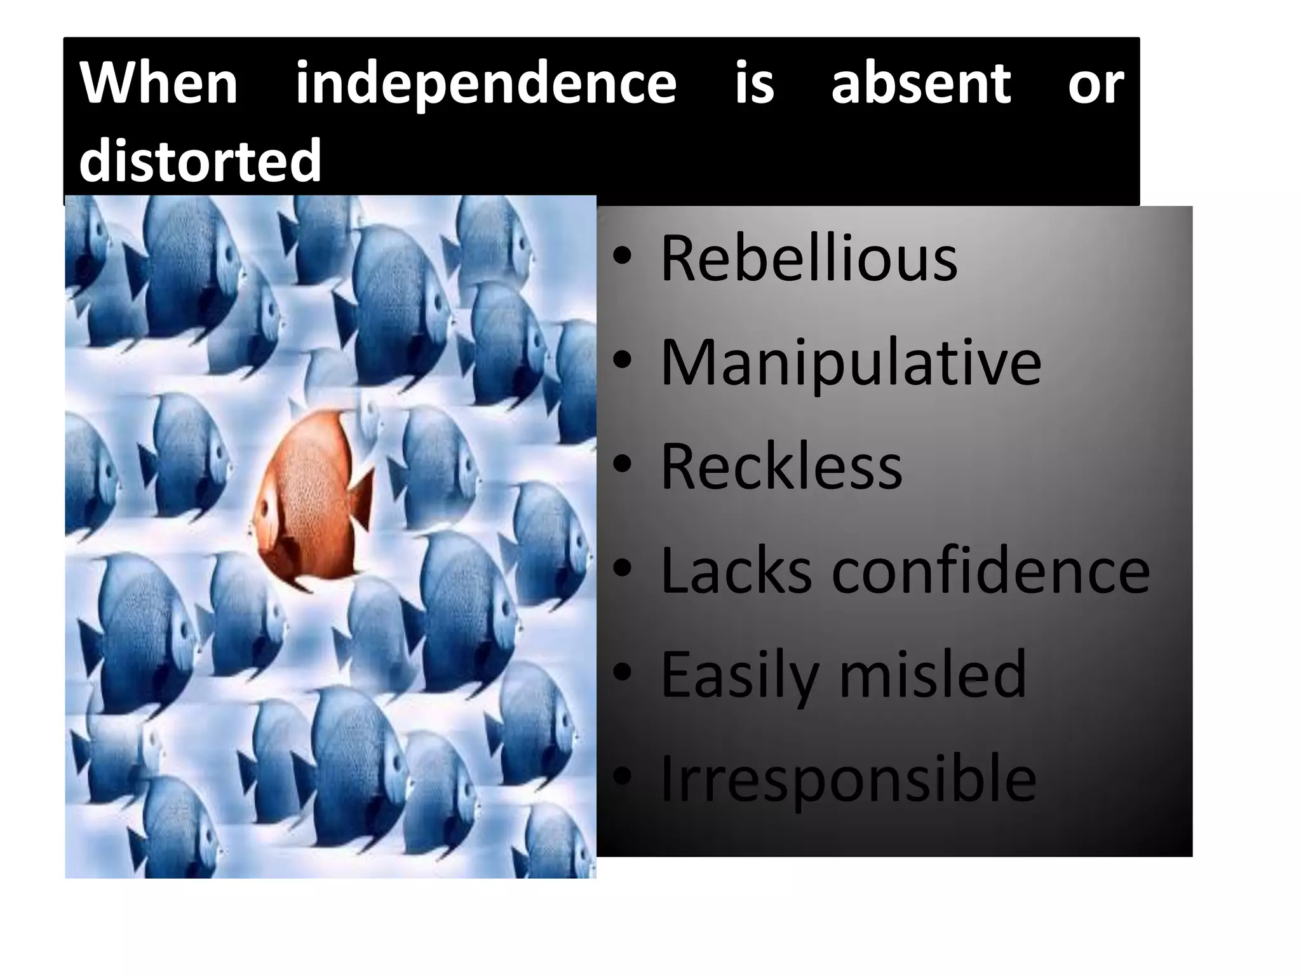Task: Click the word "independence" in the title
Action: pyautogui.click(x=486, y=85)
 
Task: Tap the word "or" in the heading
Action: pyautogui.click(x=1095, y=85)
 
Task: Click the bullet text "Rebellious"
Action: pyautogui.click(x=809, y=258)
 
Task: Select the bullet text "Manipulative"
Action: pyautogui.click(x=851, y=363)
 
